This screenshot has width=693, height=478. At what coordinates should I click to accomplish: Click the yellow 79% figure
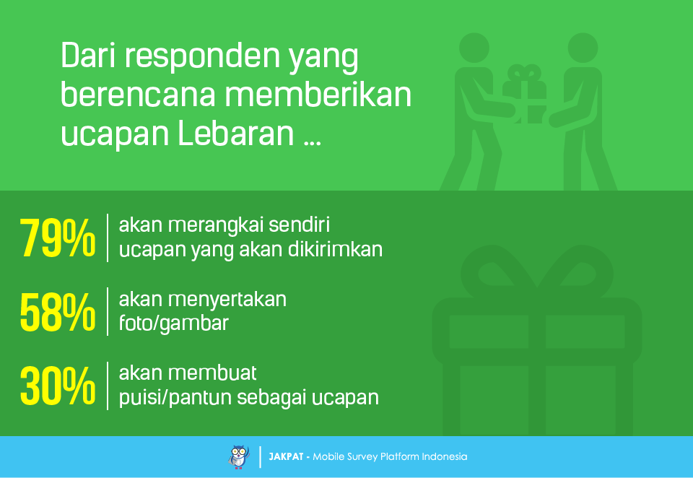click(x=58, y=238)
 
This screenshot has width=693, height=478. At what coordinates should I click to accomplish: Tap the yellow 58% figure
click(x=58, y=312)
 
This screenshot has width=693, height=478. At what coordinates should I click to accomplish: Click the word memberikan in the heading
click(x=318, y=94)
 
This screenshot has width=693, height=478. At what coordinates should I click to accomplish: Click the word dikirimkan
click(x=336, y=249)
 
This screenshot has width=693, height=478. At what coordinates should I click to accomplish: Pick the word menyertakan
click(x=227, y=300)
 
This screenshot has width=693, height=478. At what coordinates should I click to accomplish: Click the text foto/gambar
click(x=174, y=323)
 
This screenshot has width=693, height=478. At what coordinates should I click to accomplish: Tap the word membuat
click(x=212, y=373)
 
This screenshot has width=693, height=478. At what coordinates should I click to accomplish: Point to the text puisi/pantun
click(x=175, y=398)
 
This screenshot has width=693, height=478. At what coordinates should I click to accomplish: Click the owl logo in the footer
click(x=239, y=457)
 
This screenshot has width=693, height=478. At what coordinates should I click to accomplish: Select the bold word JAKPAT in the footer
click(x=286, y=457)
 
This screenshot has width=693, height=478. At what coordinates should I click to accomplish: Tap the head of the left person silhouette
click(x=474, y=48)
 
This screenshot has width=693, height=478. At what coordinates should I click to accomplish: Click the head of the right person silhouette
click(x=583, y=48)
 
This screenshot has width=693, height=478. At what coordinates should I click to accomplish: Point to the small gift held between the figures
click(x=525, y=94)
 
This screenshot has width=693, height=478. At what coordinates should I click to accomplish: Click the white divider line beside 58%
click(x=108, y=312)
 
